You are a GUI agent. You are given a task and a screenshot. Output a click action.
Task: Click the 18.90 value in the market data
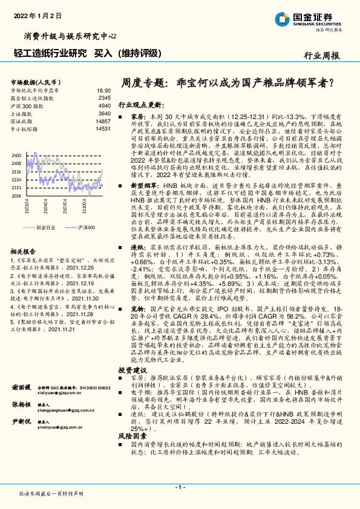[103, 89]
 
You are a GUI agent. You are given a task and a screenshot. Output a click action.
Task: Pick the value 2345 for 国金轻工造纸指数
[103, 97]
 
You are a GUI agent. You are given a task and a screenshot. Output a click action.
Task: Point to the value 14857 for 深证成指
[102, 121]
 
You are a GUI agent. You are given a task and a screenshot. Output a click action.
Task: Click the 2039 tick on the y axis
[17, 196]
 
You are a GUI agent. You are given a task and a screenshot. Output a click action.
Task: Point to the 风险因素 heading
[133, 452]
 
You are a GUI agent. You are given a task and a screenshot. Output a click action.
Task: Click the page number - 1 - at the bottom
[180, 487]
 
